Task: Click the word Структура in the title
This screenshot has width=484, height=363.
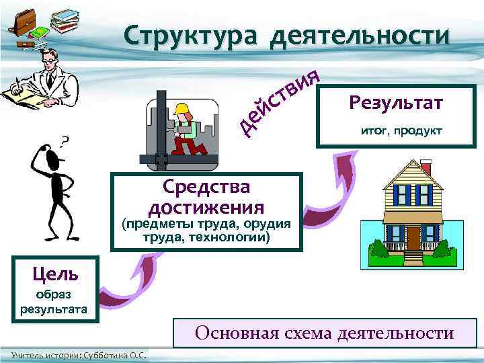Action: pos(190,36)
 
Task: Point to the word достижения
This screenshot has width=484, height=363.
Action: pos(206,206)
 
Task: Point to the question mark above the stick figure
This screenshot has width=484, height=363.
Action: pos(65,140)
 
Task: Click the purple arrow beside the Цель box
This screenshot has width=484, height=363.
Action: pos(124,279)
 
